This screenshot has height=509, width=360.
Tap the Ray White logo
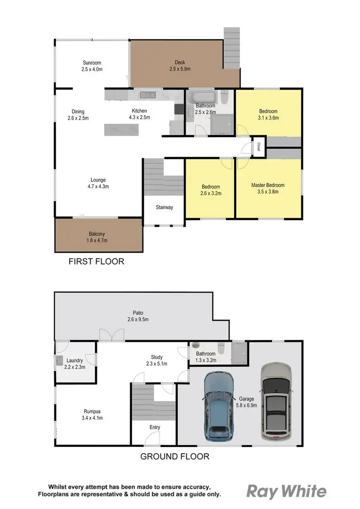tap(286, 491)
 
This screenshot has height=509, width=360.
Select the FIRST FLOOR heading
tap(96, 261)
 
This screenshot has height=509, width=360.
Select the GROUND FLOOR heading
tap(175, 456)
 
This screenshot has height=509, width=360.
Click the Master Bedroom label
tap(268, 185)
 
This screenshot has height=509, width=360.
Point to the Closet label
tap(258, 147)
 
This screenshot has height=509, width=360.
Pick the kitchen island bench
tap(123, 130)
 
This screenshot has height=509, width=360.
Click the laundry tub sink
tap(59, 361)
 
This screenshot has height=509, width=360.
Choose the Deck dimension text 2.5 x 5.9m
tap(180, 69)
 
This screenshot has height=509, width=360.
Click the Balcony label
tap(97, 234)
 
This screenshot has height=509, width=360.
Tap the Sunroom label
tap(92, 62)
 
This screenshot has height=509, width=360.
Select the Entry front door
tap(152, 439)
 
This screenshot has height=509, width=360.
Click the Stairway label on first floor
tap(164, 208)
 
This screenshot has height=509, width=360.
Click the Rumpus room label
tap(92, 411)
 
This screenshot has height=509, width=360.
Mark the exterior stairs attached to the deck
tap(231, 41)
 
